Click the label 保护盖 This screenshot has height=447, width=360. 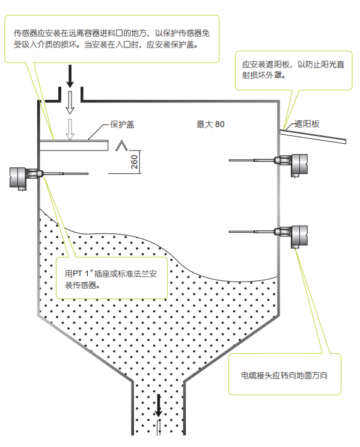point(122,125)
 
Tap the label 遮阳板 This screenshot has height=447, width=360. point(307,124)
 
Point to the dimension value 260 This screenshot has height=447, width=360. point(134,162)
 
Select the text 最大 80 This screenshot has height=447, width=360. point(210,125)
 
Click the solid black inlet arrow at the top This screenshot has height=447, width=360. point(70,76)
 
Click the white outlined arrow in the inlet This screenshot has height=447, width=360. point(70,103)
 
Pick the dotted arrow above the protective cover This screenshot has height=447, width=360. point(70,129)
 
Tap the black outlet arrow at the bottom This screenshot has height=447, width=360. point(158,405)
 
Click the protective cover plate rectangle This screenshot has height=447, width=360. point(74,146)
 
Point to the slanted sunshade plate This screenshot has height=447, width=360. point(313,137)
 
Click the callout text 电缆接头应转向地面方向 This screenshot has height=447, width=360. point(284,375)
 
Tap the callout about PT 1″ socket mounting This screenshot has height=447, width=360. point(111,279)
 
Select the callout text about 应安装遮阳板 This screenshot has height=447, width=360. point(293,70)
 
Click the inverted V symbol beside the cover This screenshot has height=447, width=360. point(121,145)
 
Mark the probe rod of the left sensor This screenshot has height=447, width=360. point(66,173)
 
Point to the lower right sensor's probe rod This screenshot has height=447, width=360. point(252,232)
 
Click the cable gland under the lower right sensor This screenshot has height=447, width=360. point(295,247)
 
